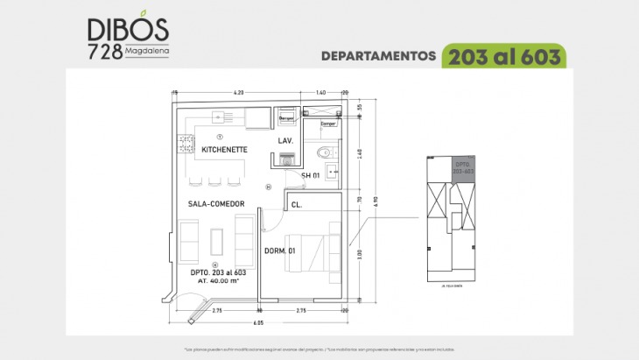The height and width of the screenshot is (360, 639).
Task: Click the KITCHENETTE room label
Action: coord(225,150)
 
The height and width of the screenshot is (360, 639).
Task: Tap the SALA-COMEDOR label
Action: coord(215,204)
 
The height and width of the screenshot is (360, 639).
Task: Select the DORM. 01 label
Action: coord(280,251)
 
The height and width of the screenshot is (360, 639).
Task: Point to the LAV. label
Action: coord(285,141)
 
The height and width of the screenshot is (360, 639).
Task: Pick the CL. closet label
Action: coord(297,205)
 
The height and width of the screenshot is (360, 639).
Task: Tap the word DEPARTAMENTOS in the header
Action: coord(378,56)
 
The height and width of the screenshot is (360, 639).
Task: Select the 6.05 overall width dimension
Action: coord(260,322)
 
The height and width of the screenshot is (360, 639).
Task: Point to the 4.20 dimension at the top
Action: coord(238,92)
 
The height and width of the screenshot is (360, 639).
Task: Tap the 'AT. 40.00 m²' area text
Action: coord(213,281)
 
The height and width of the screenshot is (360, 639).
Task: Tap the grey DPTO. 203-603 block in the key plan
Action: coord(463,167)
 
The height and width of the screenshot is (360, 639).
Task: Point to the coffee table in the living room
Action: coord(217,241)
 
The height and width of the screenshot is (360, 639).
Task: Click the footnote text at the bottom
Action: coord(319,349)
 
